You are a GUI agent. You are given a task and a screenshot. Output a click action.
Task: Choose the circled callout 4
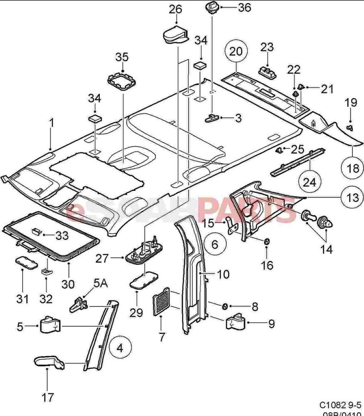[x=120, y=347]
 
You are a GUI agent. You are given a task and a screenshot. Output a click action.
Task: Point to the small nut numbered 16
[x=267, y=242]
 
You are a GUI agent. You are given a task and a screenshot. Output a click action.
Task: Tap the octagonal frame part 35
[x=121, y=83]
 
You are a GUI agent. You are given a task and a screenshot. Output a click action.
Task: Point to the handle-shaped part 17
[x=49, y=361]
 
